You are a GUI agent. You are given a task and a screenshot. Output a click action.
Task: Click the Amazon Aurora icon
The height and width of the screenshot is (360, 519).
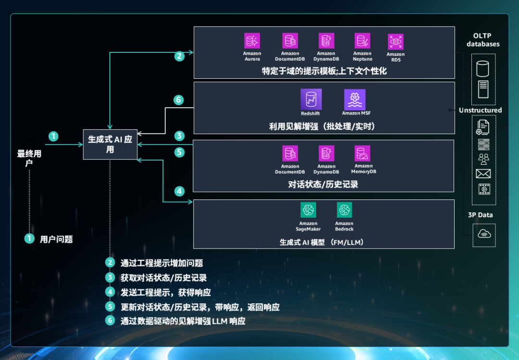252,40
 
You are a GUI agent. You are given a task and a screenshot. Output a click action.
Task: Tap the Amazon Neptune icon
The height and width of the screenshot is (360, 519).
362,40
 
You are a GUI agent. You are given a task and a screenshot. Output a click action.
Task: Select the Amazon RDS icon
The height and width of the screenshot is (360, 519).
395,41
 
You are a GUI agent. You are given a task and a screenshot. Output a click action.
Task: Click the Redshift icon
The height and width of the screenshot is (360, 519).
310,99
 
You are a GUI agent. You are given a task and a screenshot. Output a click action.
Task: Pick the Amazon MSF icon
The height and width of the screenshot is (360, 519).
355,99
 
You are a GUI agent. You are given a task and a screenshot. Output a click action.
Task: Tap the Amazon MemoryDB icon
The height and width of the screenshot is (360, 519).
363,153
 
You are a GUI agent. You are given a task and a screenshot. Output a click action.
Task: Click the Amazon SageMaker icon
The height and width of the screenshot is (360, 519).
308,210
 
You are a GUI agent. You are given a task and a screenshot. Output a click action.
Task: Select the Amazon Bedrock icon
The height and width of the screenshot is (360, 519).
344,210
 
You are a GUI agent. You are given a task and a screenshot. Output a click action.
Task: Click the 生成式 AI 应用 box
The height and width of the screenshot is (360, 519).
110,144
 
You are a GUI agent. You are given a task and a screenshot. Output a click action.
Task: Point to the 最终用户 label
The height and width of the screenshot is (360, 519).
29,158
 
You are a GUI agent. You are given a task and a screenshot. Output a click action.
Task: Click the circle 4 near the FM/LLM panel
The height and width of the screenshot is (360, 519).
179,191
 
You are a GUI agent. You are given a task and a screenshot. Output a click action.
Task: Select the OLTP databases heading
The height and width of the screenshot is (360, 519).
483,40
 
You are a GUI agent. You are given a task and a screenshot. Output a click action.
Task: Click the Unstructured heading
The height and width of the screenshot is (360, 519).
480,110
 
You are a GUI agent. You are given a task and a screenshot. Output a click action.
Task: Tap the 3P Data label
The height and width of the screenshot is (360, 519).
480,215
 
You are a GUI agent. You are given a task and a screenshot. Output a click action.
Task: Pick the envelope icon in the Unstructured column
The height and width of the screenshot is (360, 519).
483,174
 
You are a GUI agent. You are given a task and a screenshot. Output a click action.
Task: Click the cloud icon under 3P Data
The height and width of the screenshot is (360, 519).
484,234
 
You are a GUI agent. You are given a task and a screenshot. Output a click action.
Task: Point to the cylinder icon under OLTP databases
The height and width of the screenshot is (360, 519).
482,69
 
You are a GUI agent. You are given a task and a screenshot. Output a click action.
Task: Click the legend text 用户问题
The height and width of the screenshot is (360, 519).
56,239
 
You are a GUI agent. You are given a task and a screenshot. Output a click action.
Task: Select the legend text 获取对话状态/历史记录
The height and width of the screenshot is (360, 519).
163,278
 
